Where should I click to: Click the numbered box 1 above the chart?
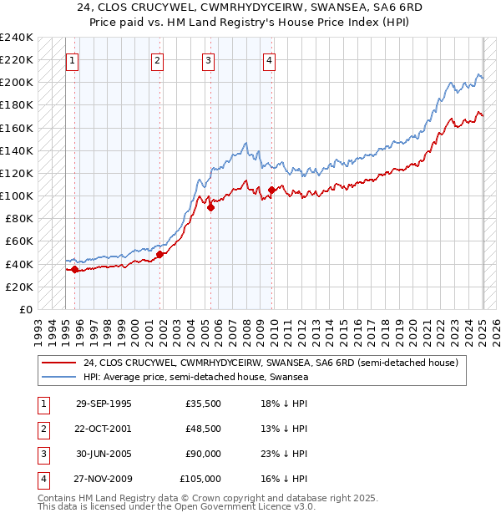(72, 60)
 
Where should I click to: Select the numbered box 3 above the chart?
(208, 60)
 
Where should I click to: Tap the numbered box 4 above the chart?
(269, 60)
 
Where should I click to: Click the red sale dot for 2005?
(210, 208)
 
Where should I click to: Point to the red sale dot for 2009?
(272, 190)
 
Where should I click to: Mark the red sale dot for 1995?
(75, 269)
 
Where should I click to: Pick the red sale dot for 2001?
(160, 255)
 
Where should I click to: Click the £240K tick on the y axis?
(17, 38)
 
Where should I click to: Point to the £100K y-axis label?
(17, 196)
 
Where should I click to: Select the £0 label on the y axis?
(24, 309)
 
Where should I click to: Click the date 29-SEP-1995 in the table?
(104, 404)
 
